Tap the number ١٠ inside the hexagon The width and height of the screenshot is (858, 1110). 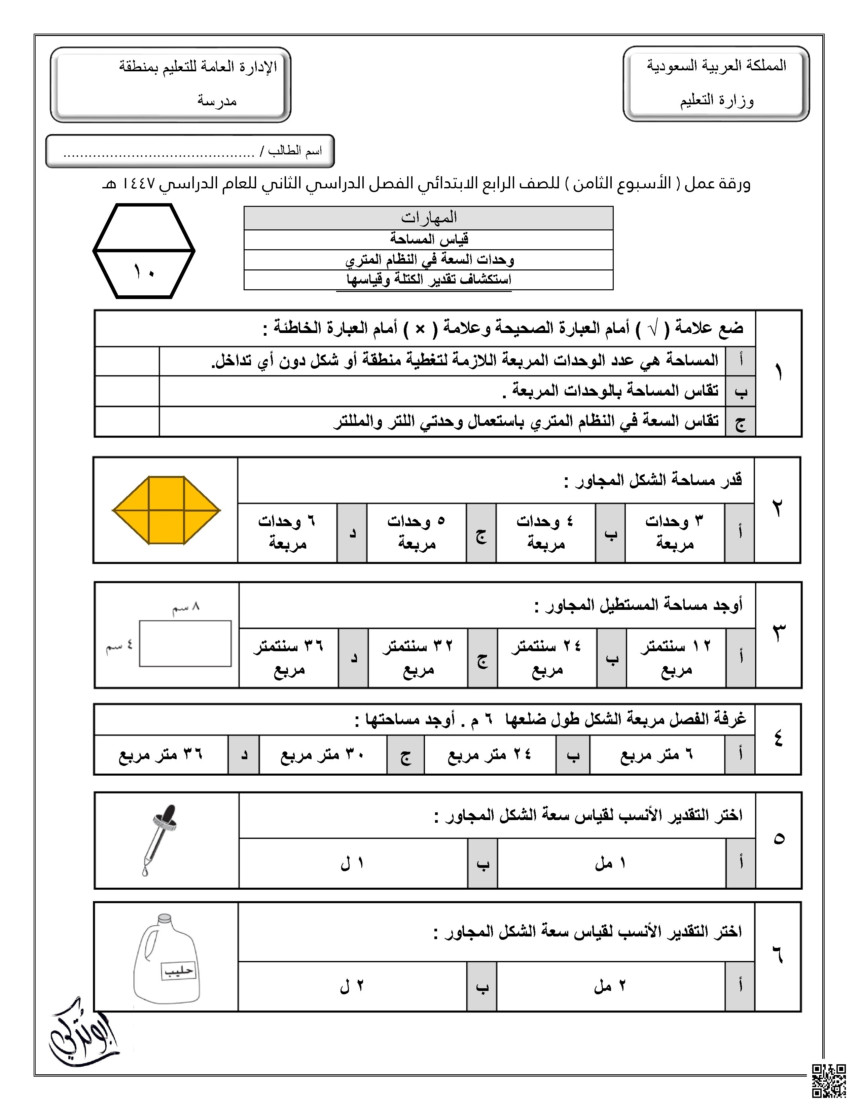pos(144,272)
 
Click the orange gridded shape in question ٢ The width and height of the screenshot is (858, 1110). pos(166,510)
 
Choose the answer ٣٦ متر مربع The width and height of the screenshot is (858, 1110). pos(160,755)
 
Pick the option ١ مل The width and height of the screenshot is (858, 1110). pos(610,863)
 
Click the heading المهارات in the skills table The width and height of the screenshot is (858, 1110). pos(428,218)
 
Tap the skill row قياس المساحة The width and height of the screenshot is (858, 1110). pos(428,239)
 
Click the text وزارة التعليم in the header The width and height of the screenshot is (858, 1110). pos(717,100)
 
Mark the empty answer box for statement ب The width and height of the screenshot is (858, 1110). pos(127,391)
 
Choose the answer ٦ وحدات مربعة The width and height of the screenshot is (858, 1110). pos(287,532)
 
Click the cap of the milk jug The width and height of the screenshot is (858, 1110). pos(164,918)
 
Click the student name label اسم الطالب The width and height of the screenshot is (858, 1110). pos(294,151)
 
